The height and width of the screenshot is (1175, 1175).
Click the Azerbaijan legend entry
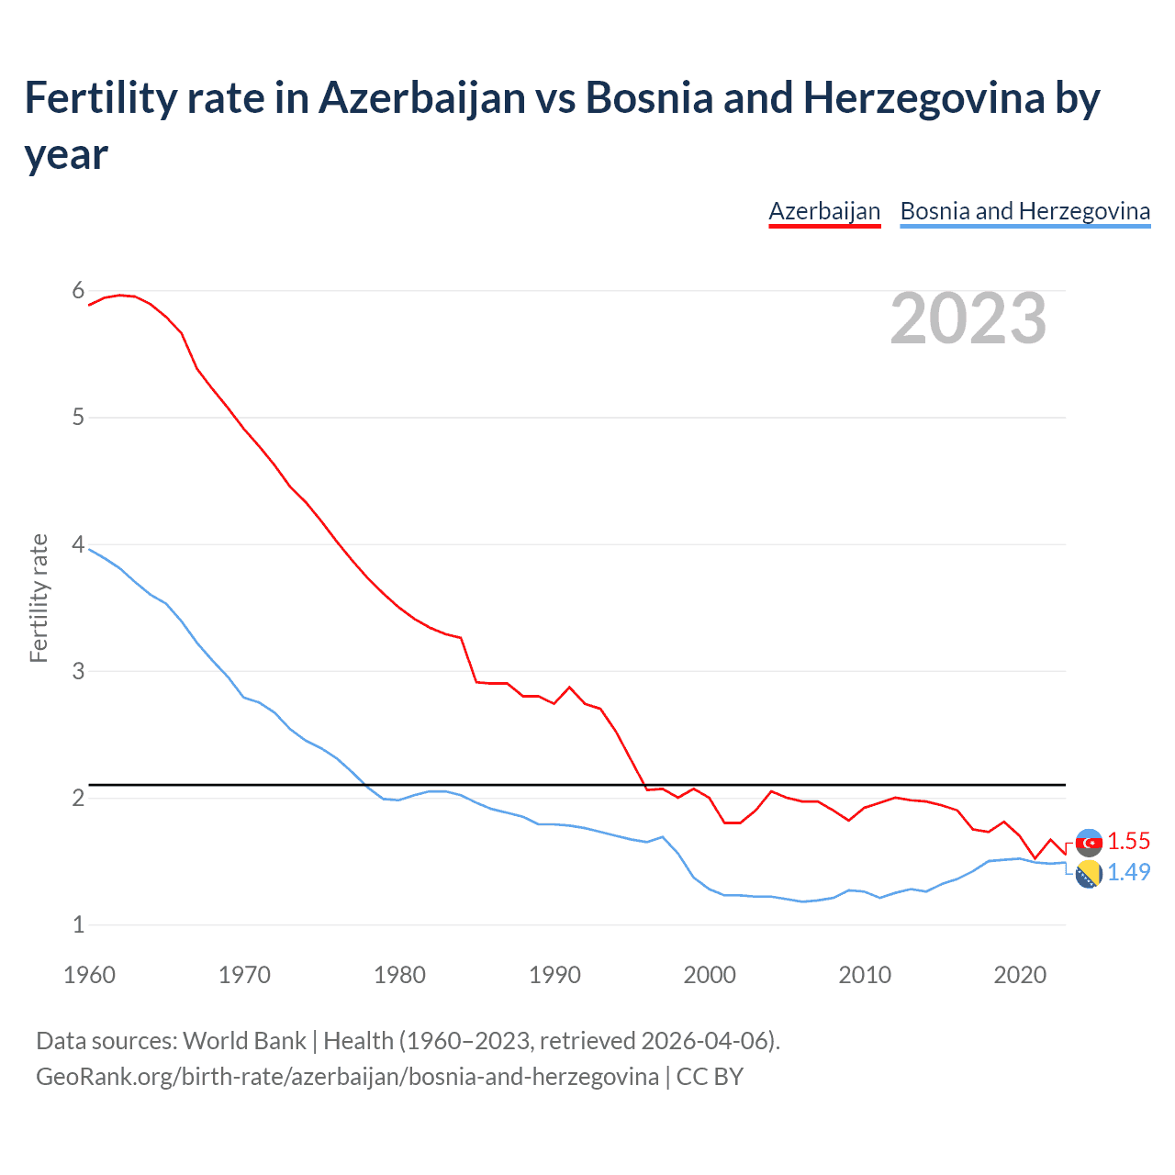pyautogui.click(x=824, y=211)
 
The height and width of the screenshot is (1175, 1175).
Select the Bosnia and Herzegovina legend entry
pyautogui.click(x=1024, y=211)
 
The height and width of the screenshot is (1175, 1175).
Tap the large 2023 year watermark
pyautogui.click(x=968, y=319)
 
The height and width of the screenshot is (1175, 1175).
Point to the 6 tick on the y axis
pyautogui.click(x=78, y=291)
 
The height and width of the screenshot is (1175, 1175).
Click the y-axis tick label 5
pyautogui.click(x=78, y=418)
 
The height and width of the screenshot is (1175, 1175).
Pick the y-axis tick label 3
pyautogui.click(x=78, y=671)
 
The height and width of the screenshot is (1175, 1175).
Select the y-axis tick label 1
pyautogui.click(x=78, y=924)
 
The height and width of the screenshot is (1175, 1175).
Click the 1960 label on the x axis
pyautogui.click(x=89, y=975)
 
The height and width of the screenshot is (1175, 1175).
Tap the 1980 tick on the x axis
pyautogui.click(x=399, y=975)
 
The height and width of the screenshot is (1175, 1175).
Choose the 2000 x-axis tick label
pyautogui.click(x=710, y=975)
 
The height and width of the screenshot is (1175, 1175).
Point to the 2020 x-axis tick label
pyautogui.click(x=1020, y=975)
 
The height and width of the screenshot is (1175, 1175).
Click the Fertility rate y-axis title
pyautogui.click(x=39, y=598)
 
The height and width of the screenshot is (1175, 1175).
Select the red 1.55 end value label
pyautogui.click(x=1128, y=841)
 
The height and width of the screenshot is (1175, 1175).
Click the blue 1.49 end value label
pyautogui.click(x=1128, y=872)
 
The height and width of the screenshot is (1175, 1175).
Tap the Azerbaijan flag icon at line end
pyautogui.click(x=1089, y=842)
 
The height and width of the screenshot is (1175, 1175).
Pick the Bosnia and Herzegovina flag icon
pyautogui.click(x=1089, y=875)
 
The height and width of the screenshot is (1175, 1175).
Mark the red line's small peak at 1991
pyautogui.click(x=569, y=687)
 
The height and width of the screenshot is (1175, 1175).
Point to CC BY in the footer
pyautogui.click(x=710, y=1076)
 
